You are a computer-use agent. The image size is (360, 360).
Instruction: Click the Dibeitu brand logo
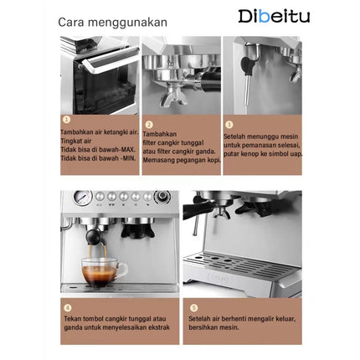click(x=274, y=16)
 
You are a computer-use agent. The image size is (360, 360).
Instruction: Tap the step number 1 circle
click(x=66, y=121)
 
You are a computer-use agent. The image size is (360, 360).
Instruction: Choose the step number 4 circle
click(x=67, y=307)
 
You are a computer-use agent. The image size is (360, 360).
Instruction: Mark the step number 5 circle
click(x=194, y=307)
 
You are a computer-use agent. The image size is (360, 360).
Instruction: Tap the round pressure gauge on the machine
click(x=82, y=198)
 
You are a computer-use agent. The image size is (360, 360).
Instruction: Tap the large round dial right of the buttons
click(x=162, y=198)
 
